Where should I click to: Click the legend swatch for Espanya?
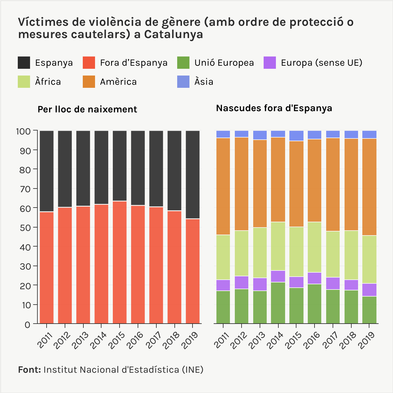[24, 63]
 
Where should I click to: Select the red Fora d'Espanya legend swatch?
[89, 63]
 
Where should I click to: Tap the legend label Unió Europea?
[224, 63]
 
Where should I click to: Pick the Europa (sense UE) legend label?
[322, 63]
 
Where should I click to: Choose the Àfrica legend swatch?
[24, 82]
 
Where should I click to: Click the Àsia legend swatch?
[183, 82]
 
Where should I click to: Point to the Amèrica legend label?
[118, 82]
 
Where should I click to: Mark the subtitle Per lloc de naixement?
[87, 110]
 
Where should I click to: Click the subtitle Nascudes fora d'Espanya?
[274, 108]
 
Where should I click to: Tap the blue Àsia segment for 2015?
[296, 136]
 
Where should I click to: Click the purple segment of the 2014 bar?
[278, 276]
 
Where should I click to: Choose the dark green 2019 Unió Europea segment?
[369, 310]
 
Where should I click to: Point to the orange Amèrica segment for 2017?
[333, 184]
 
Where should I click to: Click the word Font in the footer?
[29, 370]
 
